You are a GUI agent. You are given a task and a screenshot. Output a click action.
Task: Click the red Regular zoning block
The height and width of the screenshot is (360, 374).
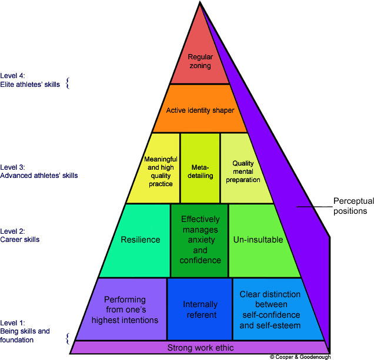click(200, 62)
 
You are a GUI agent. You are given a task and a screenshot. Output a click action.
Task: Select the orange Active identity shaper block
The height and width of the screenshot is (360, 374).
click(200, 109)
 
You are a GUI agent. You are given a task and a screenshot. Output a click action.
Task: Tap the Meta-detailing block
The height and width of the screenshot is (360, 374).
click(200, 168)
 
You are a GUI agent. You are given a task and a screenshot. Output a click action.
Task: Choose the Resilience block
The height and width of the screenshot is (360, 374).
click(140, 240)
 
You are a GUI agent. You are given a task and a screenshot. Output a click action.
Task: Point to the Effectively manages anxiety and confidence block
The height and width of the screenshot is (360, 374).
click(200, 240)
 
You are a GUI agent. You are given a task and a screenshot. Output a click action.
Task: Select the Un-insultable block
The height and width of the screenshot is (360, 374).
click(258, 240)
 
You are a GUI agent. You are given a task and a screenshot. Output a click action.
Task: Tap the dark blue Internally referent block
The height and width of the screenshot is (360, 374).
click(200, 309)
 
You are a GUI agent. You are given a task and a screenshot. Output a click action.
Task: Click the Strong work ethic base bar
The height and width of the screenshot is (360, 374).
click(200, 347)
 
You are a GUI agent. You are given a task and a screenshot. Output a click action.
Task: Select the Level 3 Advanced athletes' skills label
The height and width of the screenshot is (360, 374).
click(39, 171)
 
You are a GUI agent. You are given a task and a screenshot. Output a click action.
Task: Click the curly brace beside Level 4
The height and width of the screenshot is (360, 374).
click(67, 83)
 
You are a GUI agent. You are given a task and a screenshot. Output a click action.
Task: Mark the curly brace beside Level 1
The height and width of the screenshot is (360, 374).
click(67, 338)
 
